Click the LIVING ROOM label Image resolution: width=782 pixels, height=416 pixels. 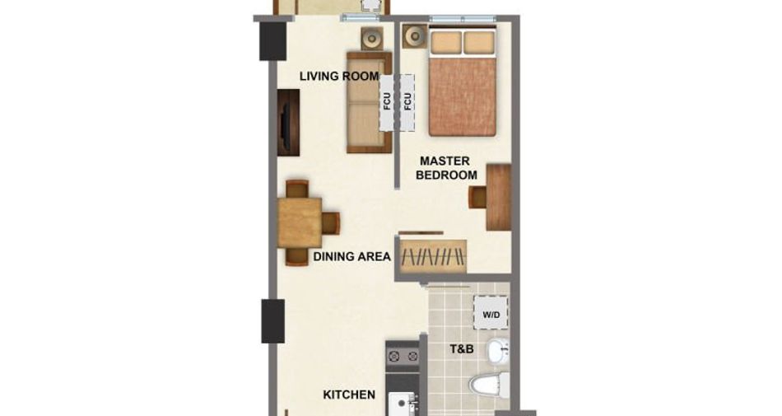pyautogui.click(x=339, y=77)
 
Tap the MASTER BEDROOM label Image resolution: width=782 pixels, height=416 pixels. pyautogui.click(x=446, y=168)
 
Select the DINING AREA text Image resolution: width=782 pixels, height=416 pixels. pyautogui.click(x=351, y=257)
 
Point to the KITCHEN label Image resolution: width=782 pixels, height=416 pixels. pyautogui.click(x=349, y=395)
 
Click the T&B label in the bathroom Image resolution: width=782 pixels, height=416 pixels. pyautogui.click(x=462, y=349)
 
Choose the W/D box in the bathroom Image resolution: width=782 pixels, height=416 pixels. pyautogui.click(x=491, y=313)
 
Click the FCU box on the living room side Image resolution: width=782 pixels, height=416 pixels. pyautogui.click(x=387, y=103)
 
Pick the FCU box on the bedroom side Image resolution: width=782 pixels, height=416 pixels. pyautogui.click(x=407, y=103)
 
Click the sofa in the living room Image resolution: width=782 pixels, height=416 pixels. pyautogui.click(x=370, y=102)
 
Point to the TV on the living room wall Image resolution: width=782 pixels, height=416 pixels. pyautogui.click(x=288, y=123)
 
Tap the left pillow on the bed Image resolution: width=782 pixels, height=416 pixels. pyautogui.click(x=446, y=42)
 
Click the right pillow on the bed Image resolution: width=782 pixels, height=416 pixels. pyautogui.click(x=479, y=42)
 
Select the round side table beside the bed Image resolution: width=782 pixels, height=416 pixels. pyautogui.click(x=414, y=36)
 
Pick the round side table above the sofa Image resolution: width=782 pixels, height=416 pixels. pyautogui.click(x=372, y=38)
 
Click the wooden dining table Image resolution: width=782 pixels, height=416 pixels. pyautogui.click(x=300, y=222)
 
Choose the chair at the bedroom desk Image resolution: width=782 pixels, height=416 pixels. pyautogui.click(x=477, y=197)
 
